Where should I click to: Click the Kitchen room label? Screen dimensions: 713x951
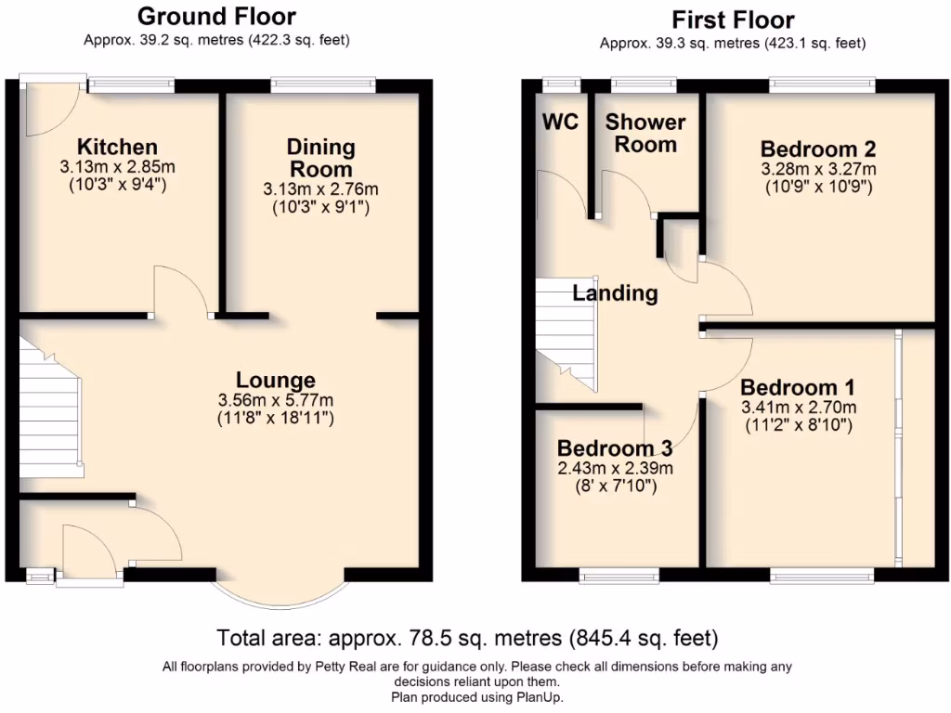pos(117,147)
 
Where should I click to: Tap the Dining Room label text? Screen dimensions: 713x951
pos(320,158)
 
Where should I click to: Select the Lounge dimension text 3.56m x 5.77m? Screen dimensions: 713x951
pos(275,400)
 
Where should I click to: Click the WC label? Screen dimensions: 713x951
pos(562,123)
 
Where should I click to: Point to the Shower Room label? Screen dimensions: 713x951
pos(645,133)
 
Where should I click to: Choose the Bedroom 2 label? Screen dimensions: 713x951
pos(818,149)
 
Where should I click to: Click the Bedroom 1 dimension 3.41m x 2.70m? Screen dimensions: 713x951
pos(799,408)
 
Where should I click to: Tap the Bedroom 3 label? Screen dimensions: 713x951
pos(615,447)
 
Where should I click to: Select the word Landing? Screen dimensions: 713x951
pos(615,293)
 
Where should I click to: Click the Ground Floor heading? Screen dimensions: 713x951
pos(216,16)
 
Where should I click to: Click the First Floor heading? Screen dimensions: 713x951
pos(733,19)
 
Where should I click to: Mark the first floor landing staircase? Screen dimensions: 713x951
pos(566,334)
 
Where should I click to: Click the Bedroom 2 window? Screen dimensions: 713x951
pos(822,85)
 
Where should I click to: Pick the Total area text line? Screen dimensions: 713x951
pos(467,639)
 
